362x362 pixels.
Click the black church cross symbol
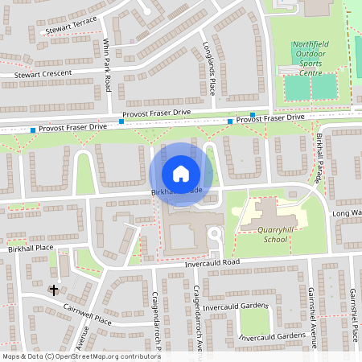pos(54,289)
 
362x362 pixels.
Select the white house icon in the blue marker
pos(181,173)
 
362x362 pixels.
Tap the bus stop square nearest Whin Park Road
pos(121,121)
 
